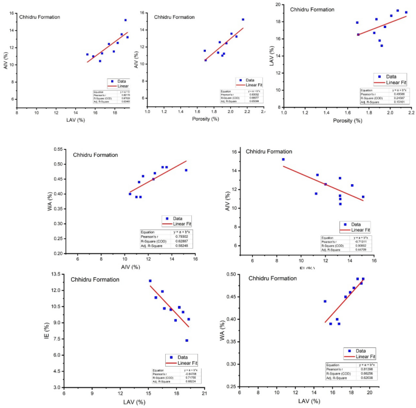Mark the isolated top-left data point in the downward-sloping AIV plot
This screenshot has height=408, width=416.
point(283,159)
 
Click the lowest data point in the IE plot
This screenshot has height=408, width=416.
point(187,341)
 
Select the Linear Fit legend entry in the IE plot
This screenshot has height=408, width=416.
point(183,363)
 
